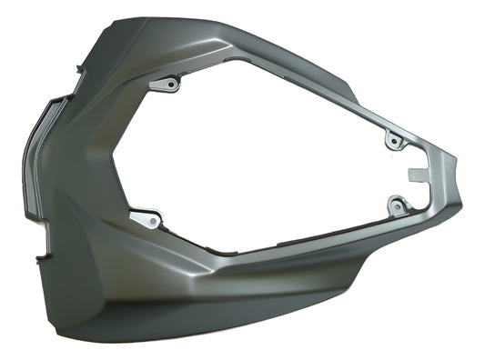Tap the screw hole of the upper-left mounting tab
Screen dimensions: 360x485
point(169,85)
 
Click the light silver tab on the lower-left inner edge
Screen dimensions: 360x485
point(146,218)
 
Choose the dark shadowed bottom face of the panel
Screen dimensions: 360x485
point(227,309)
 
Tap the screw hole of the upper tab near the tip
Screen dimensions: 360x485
point(393,142)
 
